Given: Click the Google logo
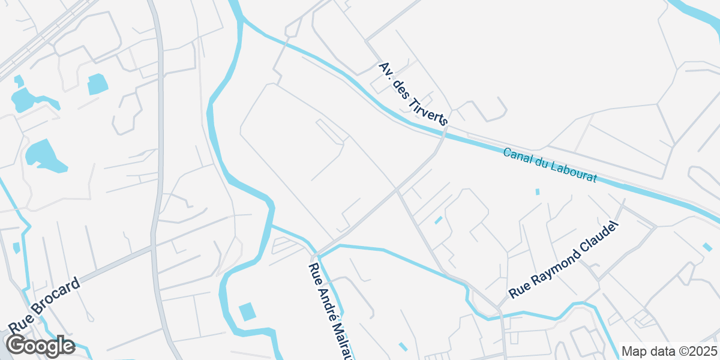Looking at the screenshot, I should coord(40,346).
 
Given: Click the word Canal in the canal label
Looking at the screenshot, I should coord(517,157).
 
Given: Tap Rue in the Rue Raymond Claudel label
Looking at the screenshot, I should coord(518,292).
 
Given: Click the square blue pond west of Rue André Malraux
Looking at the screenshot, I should coord(247,312).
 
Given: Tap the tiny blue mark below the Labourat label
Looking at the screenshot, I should coord(538,192).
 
